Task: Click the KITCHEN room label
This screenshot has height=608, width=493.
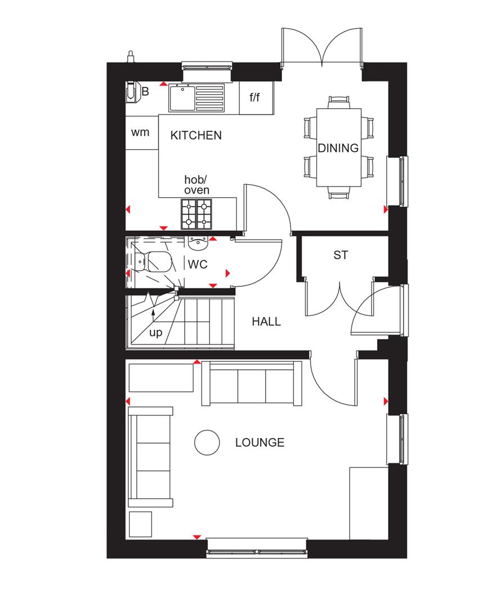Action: [x=196, y=135]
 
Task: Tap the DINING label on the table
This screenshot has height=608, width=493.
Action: [x=338, y=149]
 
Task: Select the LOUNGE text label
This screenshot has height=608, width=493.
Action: [x=259, y=442]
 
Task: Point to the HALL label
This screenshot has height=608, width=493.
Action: [x=266, y=322]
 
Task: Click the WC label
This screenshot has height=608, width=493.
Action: [x=198, y=264]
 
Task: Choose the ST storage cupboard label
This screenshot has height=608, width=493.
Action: [x=340, y=255]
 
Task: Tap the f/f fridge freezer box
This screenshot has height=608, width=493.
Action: [x=255, y=98]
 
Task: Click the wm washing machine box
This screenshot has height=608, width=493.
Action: [x=140, y=132]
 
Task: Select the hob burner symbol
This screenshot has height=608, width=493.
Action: [x=196, y=213]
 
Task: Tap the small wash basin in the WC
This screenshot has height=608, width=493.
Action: [x=198, y=243]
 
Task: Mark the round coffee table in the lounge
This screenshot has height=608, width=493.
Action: [x=207, y=442]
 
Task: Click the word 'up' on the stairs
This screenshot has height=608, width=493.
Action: [x=155, y=333]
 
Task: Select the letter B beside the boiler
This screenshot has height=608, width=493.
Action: [x=145, y=92]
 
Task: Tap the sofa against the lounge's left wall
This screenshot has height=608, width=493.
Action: [x=150, y=457]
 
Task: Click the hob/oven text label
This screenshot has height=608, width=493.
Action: [x=196, y=185]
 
